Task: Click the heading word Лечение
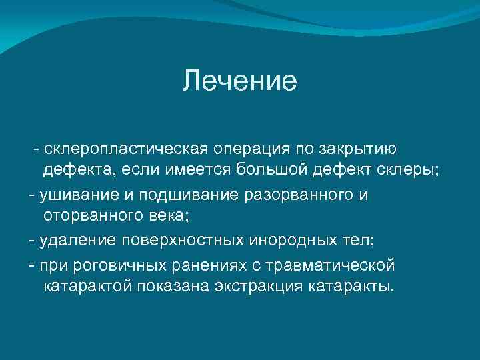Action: [x=239, y=82]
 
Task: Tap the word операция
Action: [x=251, y=147]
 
